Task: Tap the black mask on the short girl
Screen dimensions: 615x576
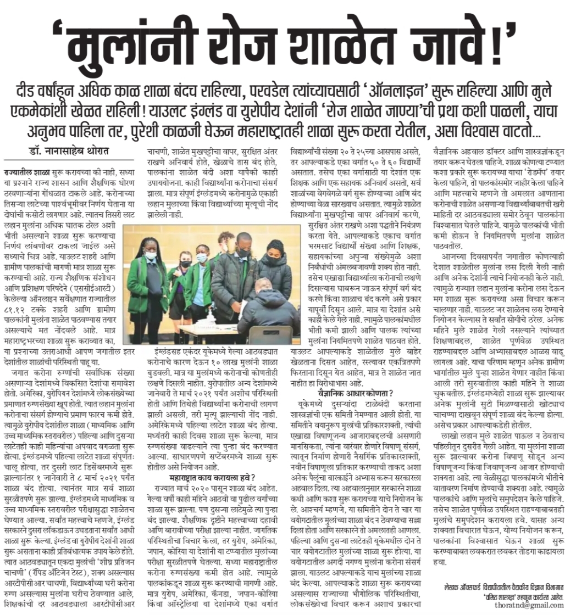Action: pos(185,263)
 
